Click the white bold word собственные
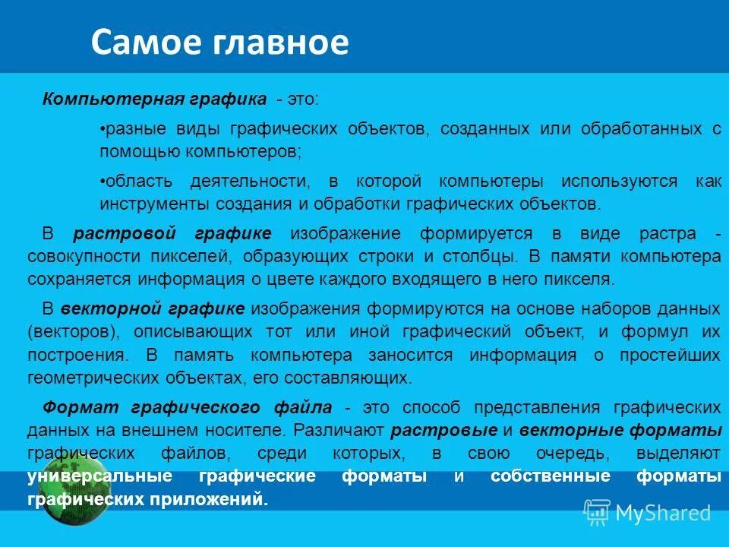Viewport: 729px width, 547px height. tap(550, 476)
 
